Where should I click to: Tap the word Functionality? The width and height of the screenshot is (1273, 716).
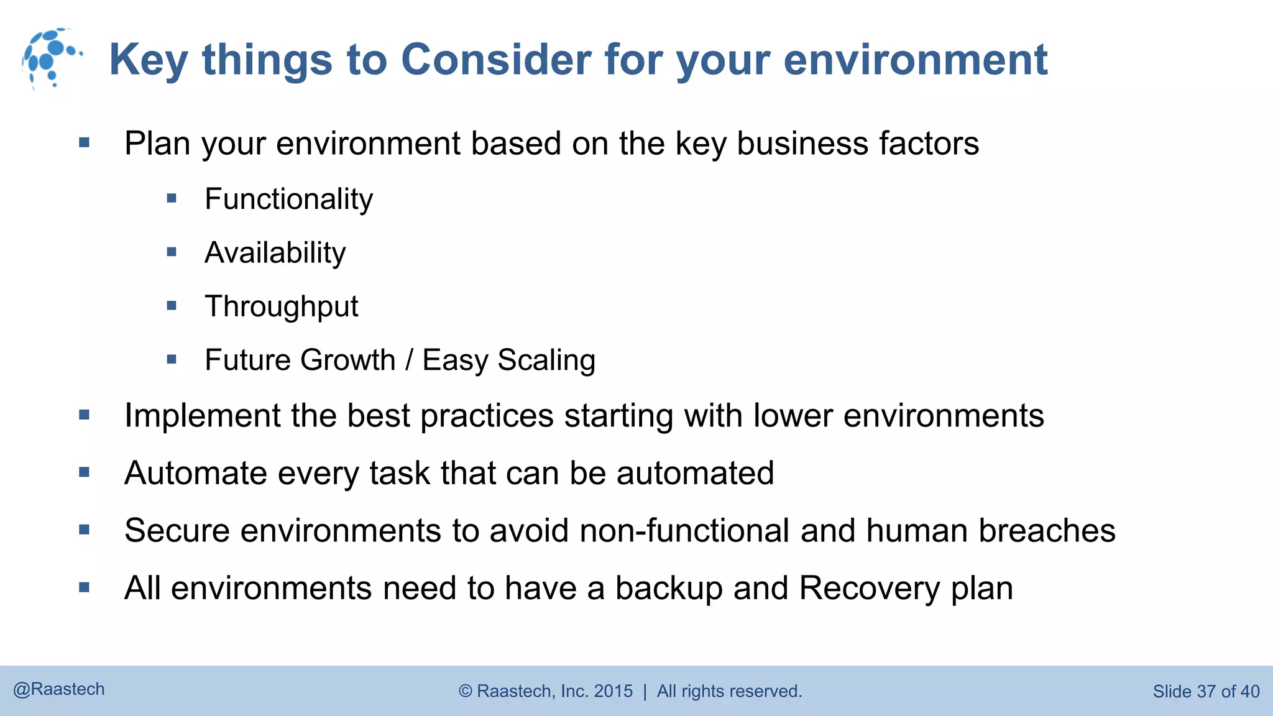pos(288,200)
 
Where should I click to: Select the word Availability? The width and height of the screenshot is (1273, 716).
pos(275,253)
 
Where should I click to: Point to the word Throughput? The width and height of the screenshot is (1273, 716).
pos(281,306)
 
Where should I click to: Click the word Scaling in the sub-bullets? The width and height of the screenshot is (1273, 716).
pos(546,360)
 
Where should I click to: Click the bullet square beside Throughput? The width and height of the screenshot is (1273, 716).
pos(172,306)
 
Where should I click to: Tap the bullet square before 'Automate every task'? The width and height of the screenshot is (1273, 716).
pos(85,472)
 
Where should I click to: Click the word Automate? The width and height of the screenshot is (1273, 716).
pos(195,474)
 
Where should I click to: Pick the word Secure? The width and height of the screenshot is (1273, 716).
pos(177,531)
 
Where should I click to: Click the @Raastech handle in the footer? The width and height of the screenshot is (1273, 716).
pos(59,689)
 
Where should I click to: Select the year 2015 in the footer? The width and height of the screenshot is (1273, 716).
pos(613,691)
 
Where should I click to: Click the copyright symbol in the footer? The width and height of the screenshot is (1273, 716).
pos(466,691)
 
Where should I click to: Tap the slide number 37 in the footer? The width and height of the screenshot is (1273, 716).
pos(1206,692)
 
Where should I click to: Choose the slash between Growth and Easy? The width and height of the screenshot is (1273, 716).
pos(409,360)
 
